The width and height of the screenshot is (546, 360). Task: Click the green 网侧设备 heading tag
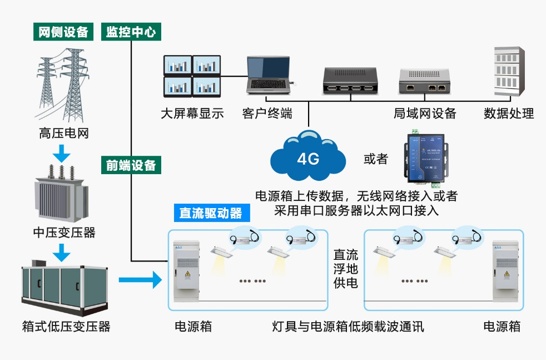[63, 32]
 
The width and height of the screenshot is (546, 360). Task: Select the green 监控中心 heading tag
[131, 32]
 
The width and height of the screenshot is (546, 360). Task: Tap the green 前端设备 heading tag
[131, 165]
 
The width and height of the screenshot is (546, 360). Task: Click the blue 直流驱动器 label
[211, 213]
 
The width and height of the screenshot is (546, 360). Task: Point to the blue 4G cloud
[307, 157]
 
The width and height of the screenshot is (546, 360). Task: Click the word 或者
[375, 159]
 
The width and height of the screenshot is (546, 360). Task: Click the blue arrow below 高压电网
[64, 151]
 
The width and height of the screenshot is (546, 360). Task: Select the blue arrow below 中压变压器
[64, 253]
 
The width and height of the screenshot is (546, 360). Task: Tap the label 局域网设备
[425, 114]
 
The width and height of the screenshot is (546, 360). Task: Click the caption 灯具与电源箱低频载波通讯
[348, 326]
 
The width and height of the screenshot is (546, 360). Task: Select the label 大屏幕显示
[192, 114]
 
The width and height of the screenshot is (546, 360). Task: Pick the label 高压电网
[64, 133]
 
